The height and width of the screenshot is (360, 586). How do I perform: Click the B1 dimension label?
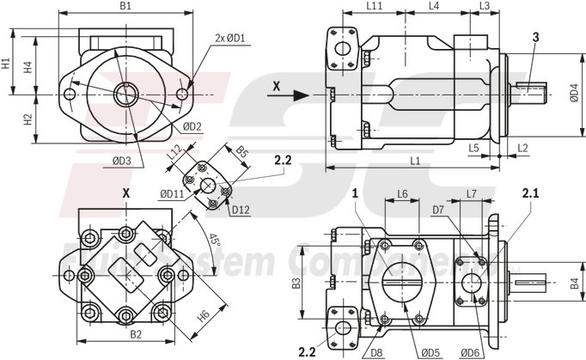click(125, 6)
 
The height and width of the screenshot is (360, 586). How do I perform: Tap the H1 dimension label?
click(6, 64)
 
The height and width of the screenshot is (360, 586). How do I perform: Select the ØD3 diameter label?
click(122, 160)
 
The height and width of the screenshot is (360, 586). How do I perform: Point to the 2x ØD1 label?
click(230, 37)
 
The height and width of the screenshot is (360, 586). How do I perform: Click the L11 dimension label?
click(374, 6)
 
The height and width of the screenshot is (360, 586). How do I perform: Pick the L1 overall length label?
click(414, 161)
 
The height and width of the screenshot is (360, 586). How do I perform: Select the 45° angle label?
click(215, 242)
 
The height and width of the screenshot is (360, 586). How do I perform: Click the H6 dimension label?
click(204, 316)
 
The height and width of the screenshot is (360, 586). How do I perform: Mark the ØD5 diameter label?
click(430, 351)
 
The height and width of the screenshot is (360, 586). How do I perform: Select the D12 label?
click(240, 208)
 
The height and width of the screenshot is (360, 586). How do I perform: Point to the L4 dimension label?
click(434, 6)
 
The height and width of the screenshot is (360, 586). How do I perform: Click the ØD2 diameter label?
click(192, 127)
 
